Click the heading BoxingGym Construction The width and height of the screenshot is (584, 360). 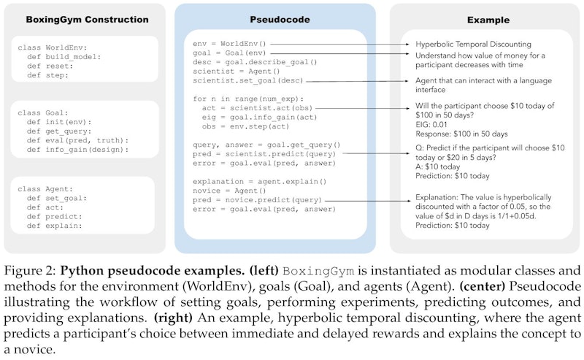point(87,20)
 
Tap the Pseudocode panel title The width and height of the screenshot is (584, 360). point(280,20)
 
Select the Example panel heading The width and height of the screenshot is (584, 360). point(488,20)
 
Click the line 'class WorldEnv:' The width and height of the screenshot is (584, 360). point(52,47)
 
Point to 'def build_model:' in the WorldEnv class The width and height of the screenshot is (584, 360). point(64,57)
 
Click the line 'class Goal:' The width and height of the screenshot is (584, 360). point(43,113)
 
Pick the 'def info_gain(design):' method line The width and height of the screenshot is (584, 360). point(77,150)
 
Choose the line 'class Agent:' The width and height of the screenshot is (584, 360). point(45,189)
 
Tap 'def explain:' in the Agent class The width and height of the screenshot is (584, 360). point(54,226)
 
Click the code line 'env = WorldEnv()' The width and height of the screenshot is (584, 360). point(229,44)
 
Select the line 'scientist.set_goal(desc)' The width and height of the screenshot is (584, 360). point(248,80)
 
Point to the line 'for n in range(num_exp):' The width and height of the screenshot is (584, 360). point(248,99)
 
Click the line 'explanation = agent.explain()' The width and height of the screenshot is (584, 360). point(260,182)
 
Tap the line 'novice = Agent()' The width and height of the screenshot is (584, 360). point(229,191)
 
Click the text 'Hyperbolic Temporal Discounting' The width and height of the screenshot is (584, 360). point(473,44)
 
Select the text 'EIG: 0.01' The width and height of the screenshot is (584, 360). point(431,124)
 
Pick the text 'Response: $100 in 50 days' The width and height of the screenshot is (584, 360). point(461,134)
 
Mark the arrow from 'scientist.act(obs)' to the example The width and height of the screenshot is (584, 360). point(362,109)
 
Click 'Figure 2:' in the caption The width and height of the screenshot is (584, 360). point(29,271)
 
